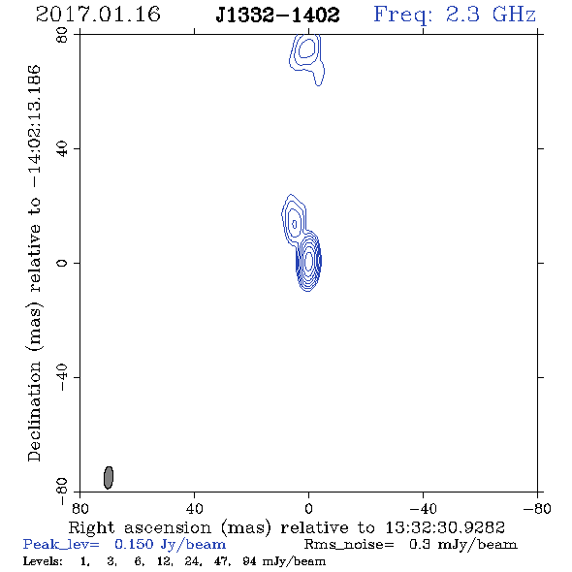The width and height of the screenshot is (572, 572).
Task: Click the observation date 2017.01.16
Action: pos(98,15)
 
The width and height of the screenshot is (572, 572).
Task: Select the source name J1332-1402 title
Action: pos(277,15)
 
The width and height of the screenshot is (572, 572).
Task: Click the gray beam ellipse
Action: pos(109,477)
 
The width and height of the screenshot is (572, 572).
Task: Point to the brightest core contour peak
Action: pos(308,261)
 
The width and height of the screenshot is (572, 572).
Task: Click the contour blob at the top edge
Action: pos(306,59)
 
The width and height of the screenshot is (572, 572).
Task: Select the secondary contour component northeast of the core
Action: pos(294,222)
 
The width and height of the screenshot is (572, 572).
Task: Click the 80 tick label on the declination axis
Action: pos(62,35)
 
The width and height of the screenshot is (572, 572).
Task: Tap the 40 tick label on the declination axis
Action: pos(62,149)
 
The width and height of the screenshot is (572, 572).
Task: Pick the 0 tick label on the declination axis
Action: pos(62,263)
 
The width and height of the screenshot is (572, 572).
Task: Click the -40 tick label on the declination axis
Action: pos(62,377)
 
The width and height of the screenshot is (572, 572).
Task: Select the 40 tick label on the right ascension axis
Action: pos(195,508)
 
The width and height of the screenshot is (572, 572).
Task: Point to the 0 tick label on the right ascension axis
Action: pos(308,508)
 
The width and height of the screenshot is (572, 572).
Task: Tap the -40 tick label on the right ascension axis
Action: pos(423,508)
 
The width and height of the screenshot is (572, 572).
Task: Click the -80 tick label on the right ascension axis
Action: pos(537,508)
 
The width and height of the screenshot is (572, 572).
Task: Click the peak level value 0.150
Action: pos(134,544)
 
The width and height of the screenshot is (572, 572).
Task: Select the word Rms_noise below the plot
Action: pos(349,545)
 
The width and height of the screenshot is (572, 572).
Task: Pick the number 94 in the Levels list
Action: pos(249,560)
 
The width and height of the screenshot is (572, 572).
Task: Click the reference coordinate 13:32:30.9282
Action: pos(445,527)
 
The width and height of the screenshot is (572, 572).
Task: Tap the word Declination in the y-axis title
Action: pos(34,411)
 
